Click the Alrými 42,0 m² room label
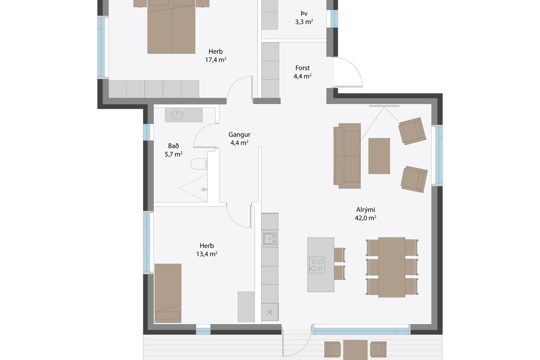366,214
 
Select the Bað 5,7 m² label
174,150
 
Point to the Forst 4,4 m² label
302,72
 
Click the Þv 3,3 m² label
304,18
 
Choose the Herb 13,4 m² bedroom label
207,250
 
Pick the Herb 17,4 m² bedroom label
216,55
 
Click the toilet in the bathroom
199,164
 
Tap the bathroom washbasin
177,115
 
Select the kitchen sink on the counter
270,239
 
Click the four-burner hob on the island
317,265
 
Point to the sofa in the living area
347,156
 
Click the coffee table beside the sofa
379,156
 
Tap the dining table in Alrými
392,267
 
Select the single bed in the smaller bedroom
168,293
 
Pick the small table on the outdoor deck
355,350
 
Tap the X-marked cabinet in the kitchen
270,312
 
